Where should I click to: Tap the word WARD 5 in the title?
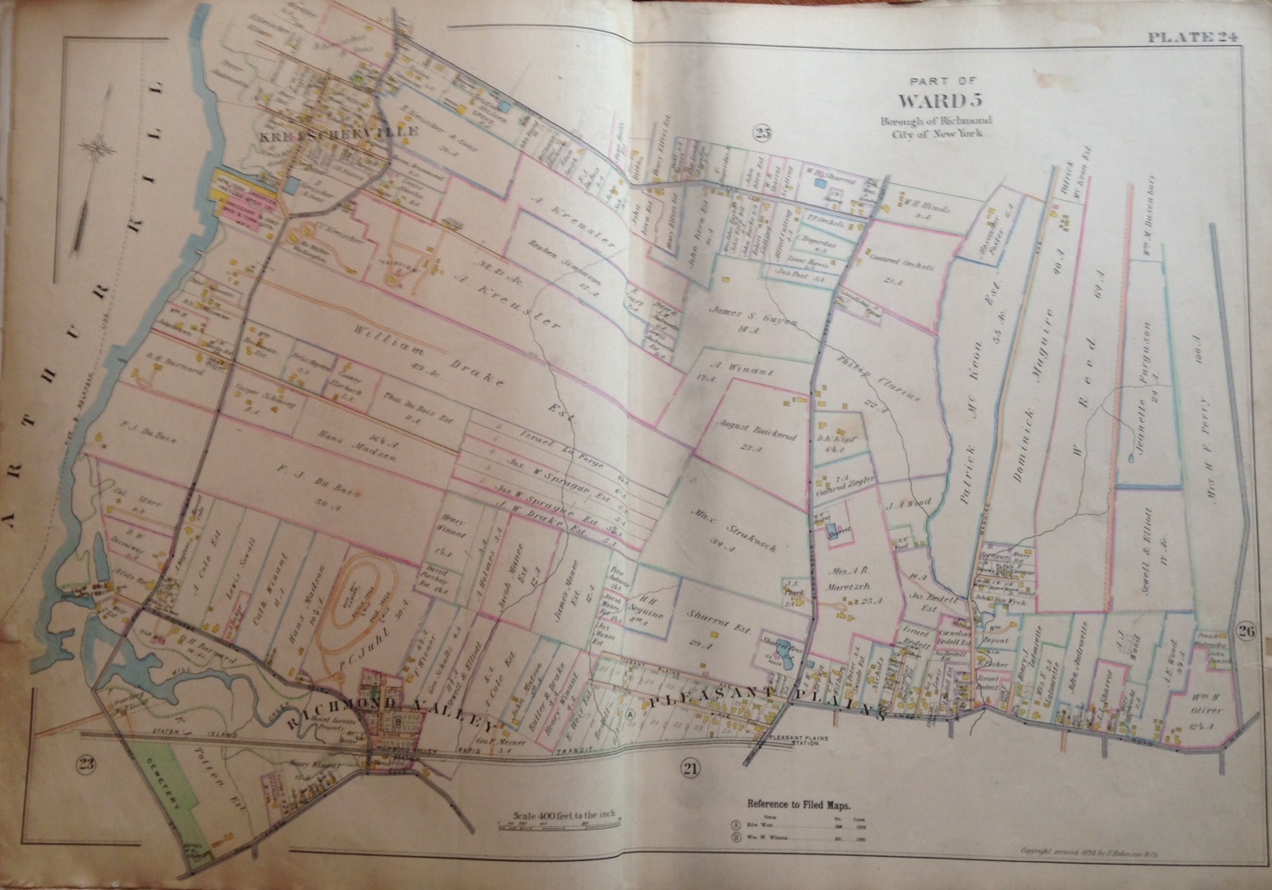point(935,101)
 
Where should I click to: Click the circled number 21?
point(690,770)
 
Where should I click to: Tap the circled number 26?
point(1244,630)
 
